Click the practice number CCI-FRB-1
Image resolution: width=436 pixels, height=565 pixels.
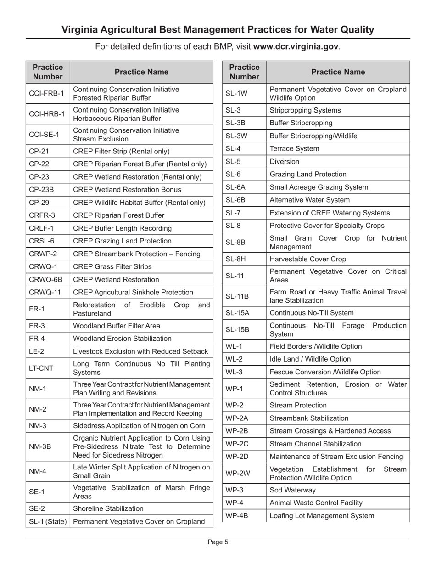(40, 94)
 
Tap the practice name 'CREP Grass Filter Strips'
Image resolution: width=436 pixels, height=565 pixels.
(113, 267)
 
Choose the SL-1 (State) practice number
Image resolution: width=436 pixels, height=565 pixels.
(48, 521)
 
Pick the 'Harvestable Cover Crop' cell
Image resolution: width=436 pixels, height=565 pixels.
(307, 259)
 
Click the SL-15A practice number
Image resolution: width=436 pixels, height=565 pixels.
(237, 313)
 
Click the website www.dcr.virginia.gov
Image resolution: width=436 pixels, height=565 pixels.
(296, 46)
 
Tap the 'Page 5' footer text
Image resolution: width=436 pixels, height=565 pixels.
(218, 542)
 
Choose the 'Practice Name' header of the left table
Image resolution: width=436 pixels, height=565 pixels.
(141, 72)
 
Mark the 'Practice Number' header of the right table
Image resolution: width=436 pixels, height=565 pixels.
(245, 72)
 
